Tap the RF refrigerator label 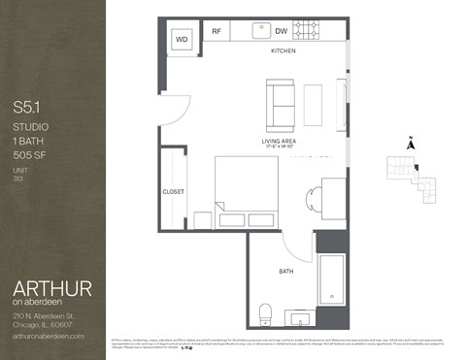click(x=217, y=31)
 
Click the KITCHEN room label click(x=283, y=50)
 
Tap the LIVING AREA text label click(x=280, y=142)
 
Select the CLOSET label click(x=174, y=191)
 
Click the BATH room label click(x=286, y=271)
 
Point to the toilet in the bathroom click(x=265, y=312)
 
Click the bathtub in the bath click(x=330, y=281)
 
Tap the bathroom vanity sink click(x=301, y=316)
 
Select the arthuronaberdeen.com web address click(x=50, y=335)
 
